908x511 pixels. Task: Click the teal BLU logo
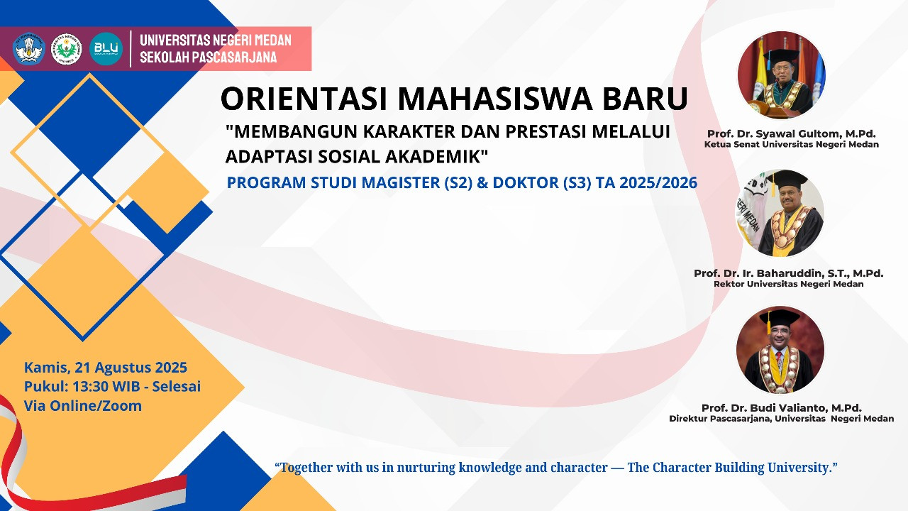pos(106,49)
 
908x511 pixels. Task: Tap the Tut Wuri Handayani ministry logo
pos(29,49)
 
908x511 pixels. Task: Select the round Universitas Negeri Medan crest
pos(67,49)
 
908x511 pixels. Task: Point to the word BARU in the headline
pos(645,99)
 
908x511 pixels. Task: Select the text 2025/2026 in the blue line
pos(658,182)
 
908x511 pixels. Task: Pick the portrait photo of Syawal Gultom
pos(781,75)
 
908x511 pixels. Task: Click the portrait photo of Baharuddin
pos(780,214)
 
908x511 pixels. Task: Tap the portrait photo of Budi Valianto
pos(780,350)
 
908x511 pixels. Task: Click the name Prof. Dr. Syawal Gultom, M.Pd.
pos(791,134)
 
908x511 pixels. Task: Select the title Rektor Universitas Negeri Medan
pos(788,284)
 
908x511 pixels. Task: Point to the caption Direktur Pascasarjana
pos(720,419)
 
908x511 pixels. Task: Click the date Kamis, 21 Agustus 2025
pos(106,368)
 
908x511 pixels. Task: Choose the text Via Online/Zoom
pos(83,406)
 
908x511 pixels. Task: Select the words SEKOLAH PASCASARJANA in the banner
pos(209,57)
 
